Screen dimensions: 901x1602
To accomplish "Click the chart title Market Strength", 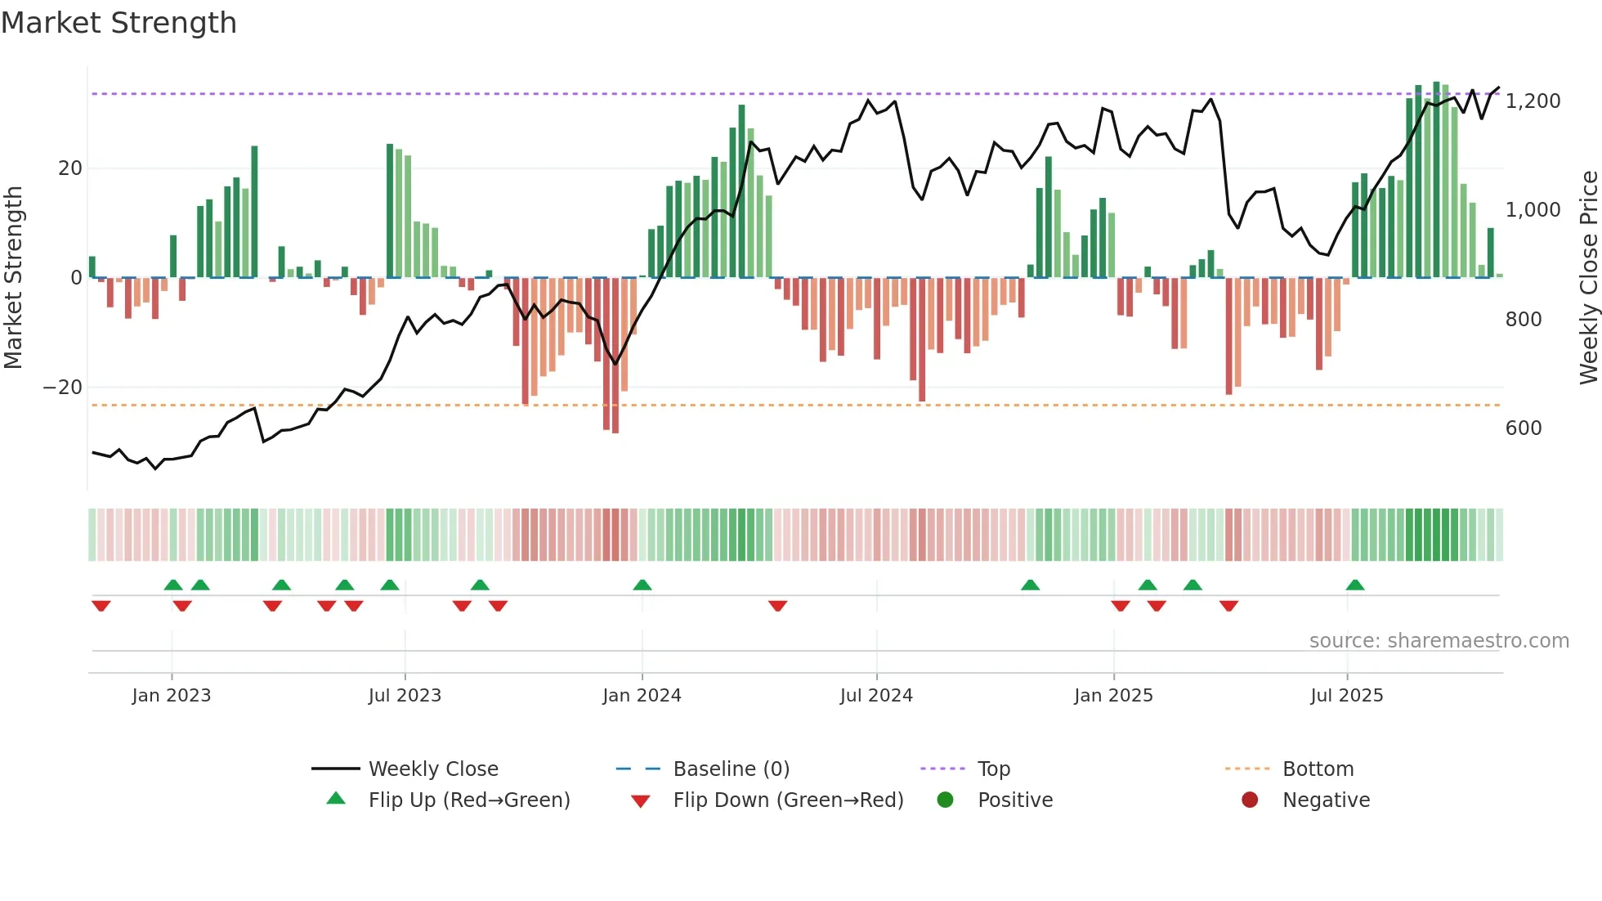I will click(119, 23).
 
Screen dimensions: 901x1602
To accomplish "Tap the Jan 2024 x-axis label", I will click(642, 696).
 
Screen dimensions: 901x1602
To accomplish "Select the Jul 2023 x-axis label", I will click(405, 696).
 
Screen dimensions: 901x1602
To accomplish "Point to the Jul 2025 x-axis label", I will click(1346, 696).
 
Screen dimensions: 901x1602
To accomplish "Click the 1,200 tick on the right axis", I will click(1533, 101).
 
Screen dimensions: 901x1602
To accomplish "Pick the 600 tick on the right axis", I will click(1524, 428).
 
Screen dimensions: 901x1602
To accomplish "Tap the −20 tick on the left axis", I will click(63, 388).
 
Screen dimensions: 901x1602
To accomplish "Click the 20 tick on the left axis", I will click(70, 168).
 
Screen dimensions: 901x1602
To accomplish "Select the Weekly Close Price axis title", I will click(1588, 278).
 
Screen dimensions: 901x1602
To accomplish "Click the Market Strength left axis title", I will click(14, 278).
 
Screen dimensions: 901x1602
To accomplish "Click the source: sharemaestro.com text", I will click(1439, 641).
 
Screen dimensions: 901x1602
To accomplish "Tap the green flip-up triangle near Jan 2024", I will click(642, 585).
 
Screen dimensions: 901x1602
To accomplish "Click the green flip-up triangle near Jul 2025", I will click(1355, 585).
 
